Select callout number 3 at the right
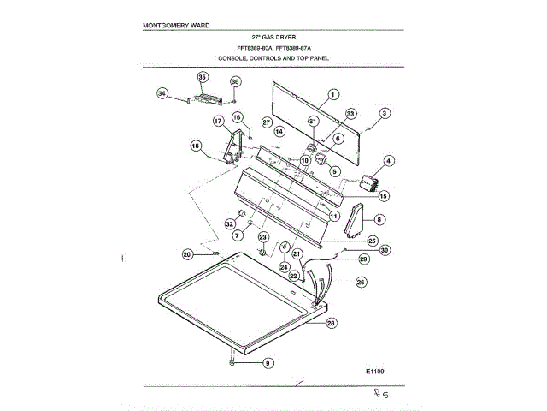coord(385,113)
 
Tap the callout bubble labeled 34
coord(162,93)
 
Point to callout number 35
coord(203,77)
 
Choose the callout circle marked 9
coord(268,363)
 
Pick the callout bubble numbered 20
coord(187,253)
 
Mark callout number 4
coord(389,160)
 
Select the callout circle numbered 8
coord(379,219)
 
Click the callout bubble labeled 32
coord(230,224)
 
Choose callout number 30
coord(385,250)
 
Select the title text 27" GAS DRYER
coord(273,38)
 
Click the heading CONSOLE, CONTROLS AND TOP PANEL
coord(273,58)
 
